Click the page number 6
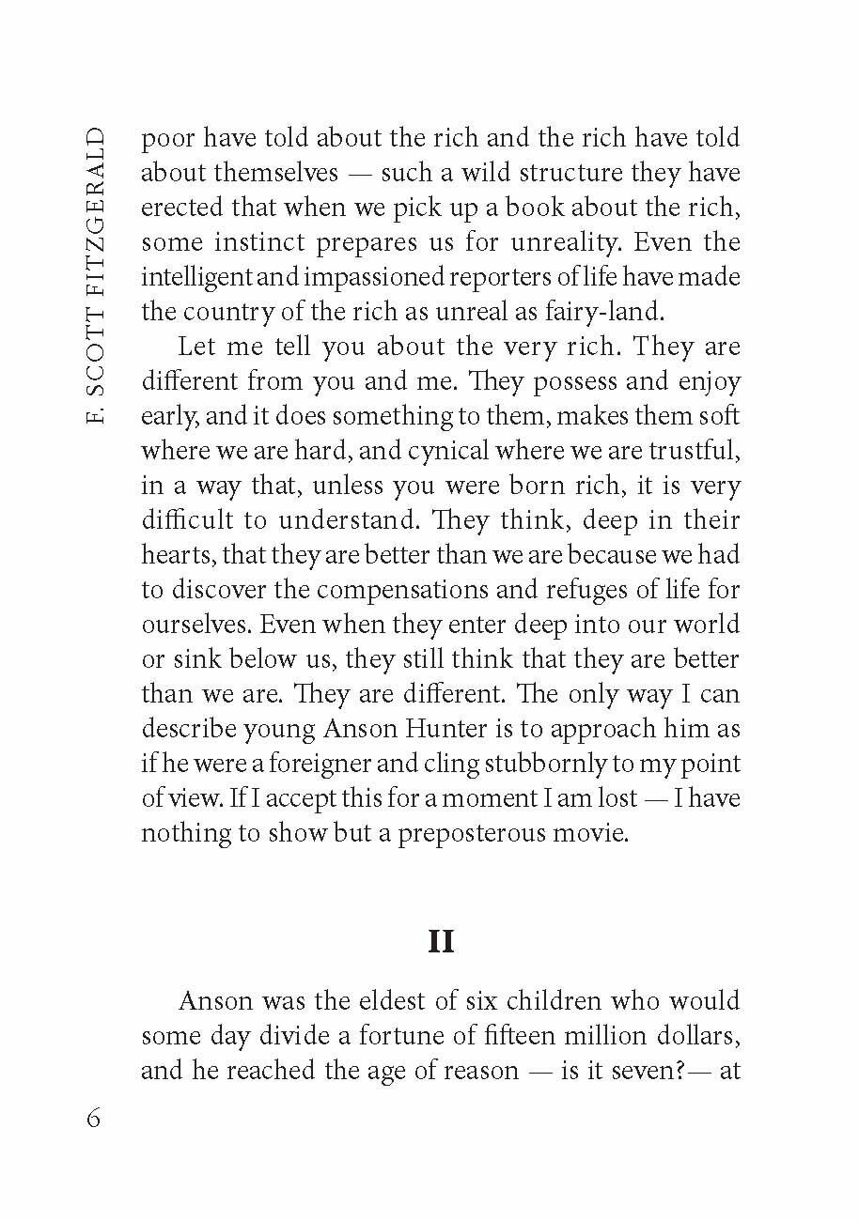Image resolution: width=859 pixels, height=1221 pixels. point(92,1120)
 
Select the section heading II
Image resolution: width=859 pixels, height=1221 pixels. point(441,940)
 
